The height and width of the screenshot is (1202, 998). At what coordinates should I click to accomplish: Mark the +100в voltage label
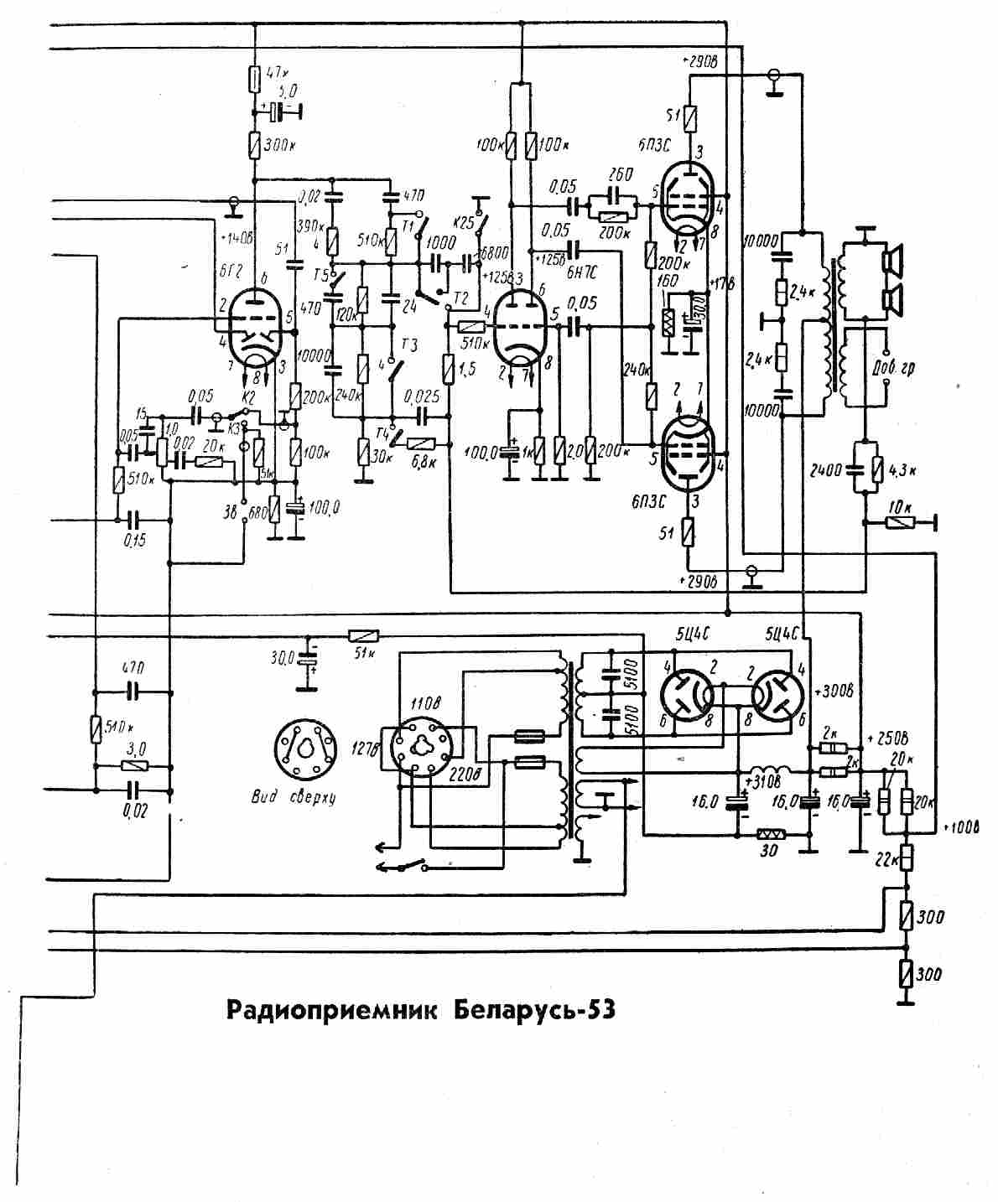tap(961, 828)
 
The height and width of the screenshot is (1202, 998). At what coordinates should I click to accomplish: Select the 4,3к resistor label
tap(902, 470)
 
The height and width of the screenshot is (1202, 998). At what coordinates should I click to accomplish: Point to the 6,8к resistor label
tap(418, 462)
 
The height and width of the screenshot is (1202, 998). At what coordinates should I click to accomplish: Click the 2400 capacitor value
tap(827, 471)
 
